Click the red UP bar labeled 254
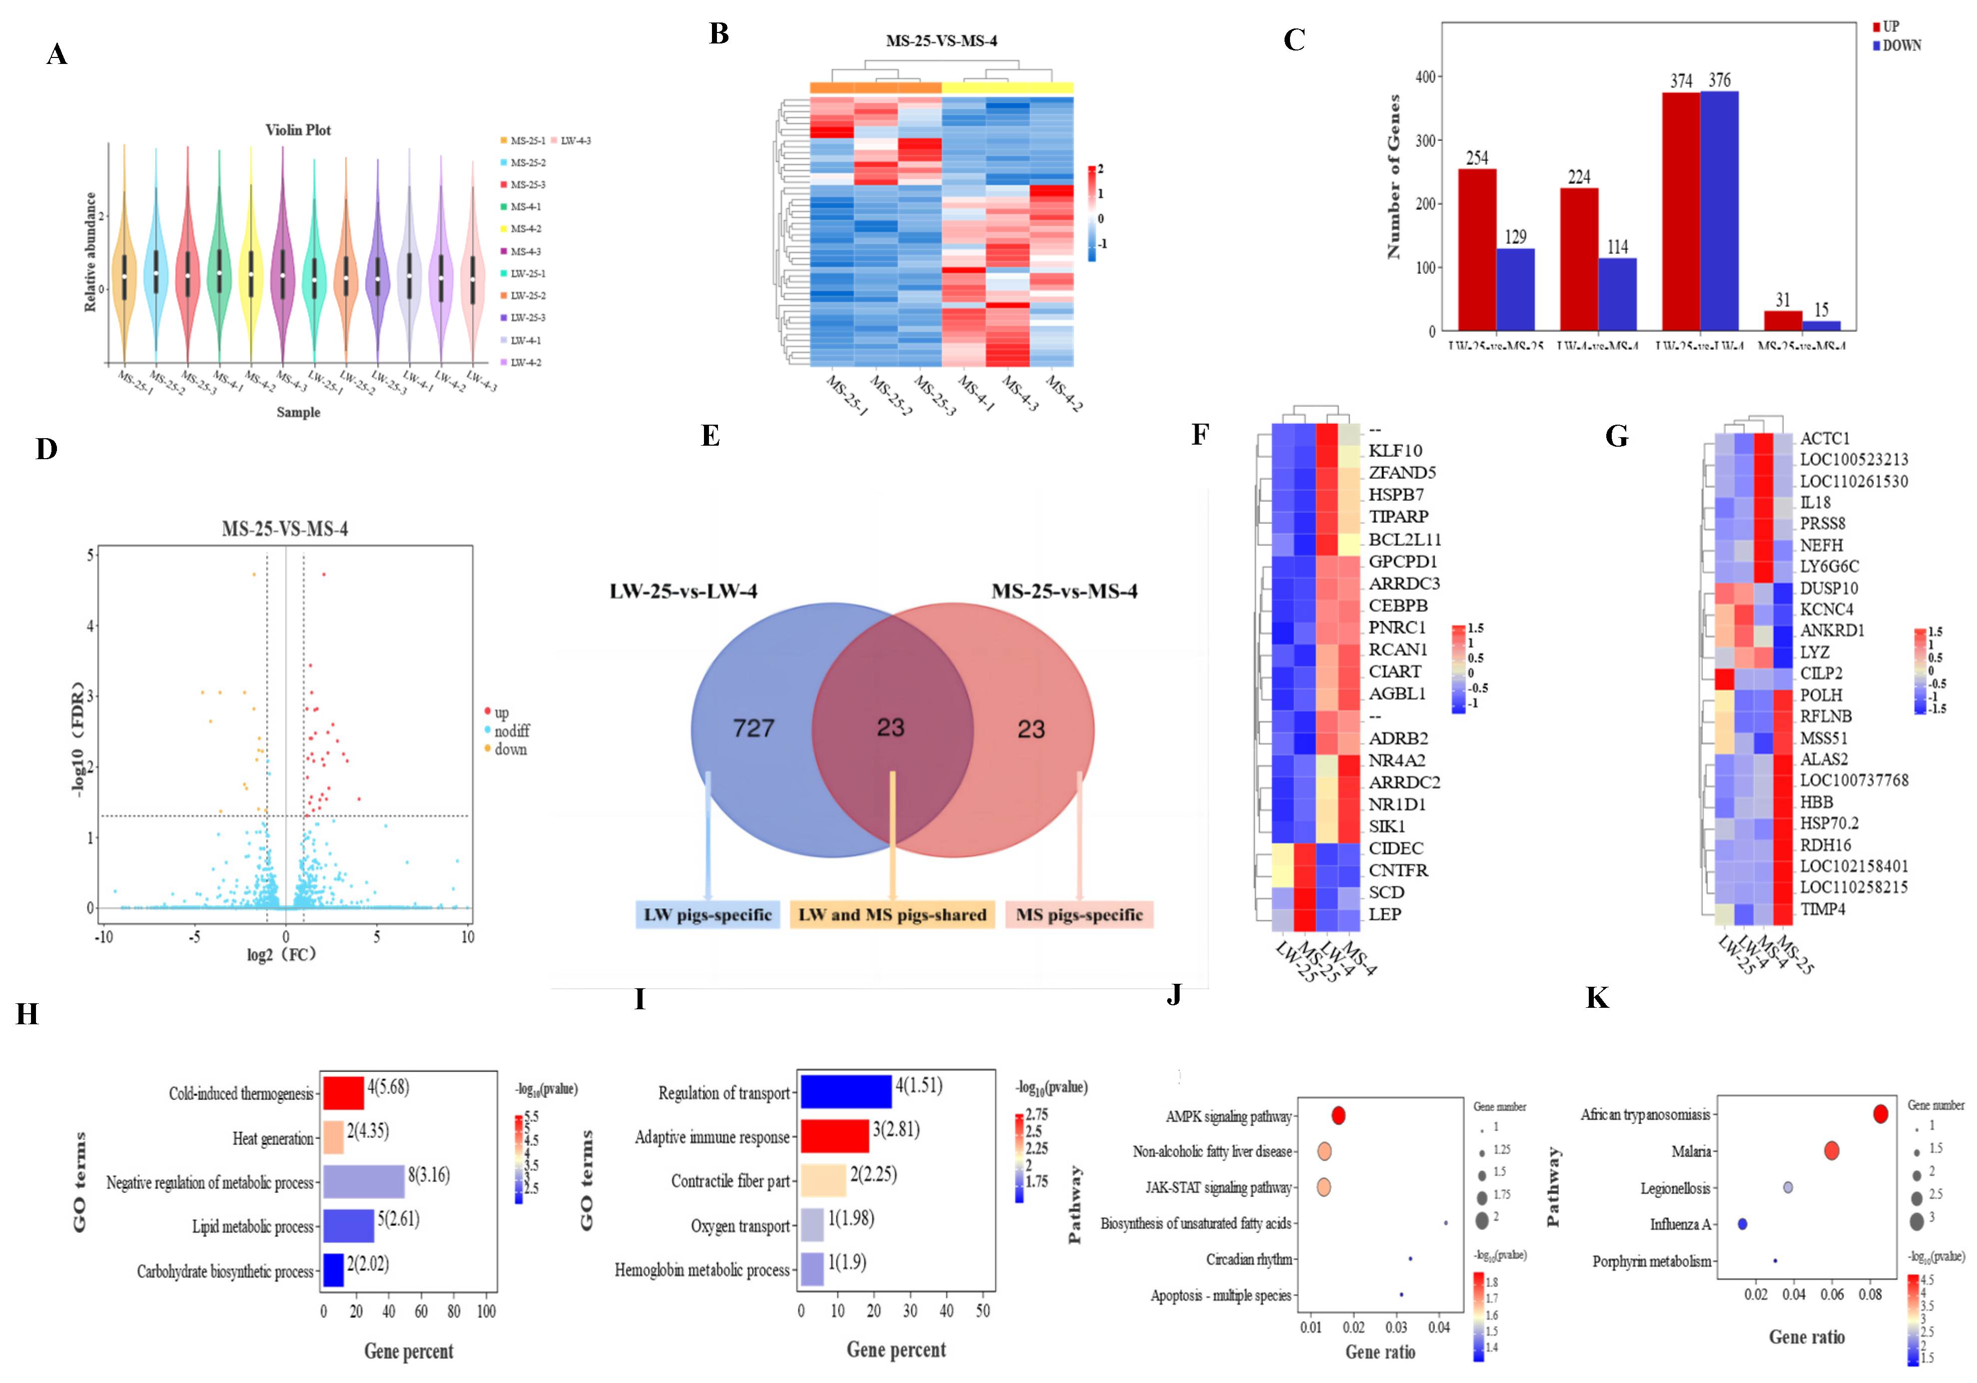(x=1477, y=250)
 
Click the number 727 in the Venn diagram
(x=753, y=728)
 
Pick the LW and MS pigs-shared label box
(x=892, y=914)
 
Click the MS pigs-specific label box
(x=1079, y=914)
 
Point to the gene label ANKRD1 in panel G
(x=1832, y=631)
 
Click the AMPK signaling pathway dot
(x=1338, y=1116)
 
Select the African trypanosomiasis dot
(x=1881, y=1114)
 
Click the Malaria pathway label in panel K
(x=1690, y=1151)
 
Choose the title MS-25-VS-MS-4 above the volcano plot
(x=285, y=529)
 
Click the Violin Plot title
(x=298, y=130)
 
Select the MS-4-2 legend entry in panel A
(x=525, y=229)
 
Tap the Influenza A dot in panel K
(x=1743, y=1224)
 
